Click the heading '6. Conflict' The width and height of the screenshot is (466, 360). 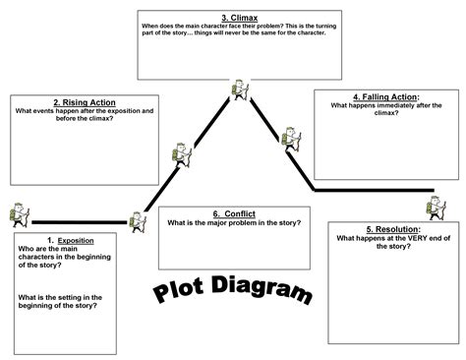(x=234, y=213)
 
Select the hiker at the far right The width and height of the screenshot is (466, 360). (x=437, y=208)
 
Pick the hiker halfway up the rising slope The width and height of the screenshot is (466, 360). (x=180, y=153)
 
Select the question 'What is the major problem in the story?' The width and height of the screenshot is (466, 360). (x=234, y=223)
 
